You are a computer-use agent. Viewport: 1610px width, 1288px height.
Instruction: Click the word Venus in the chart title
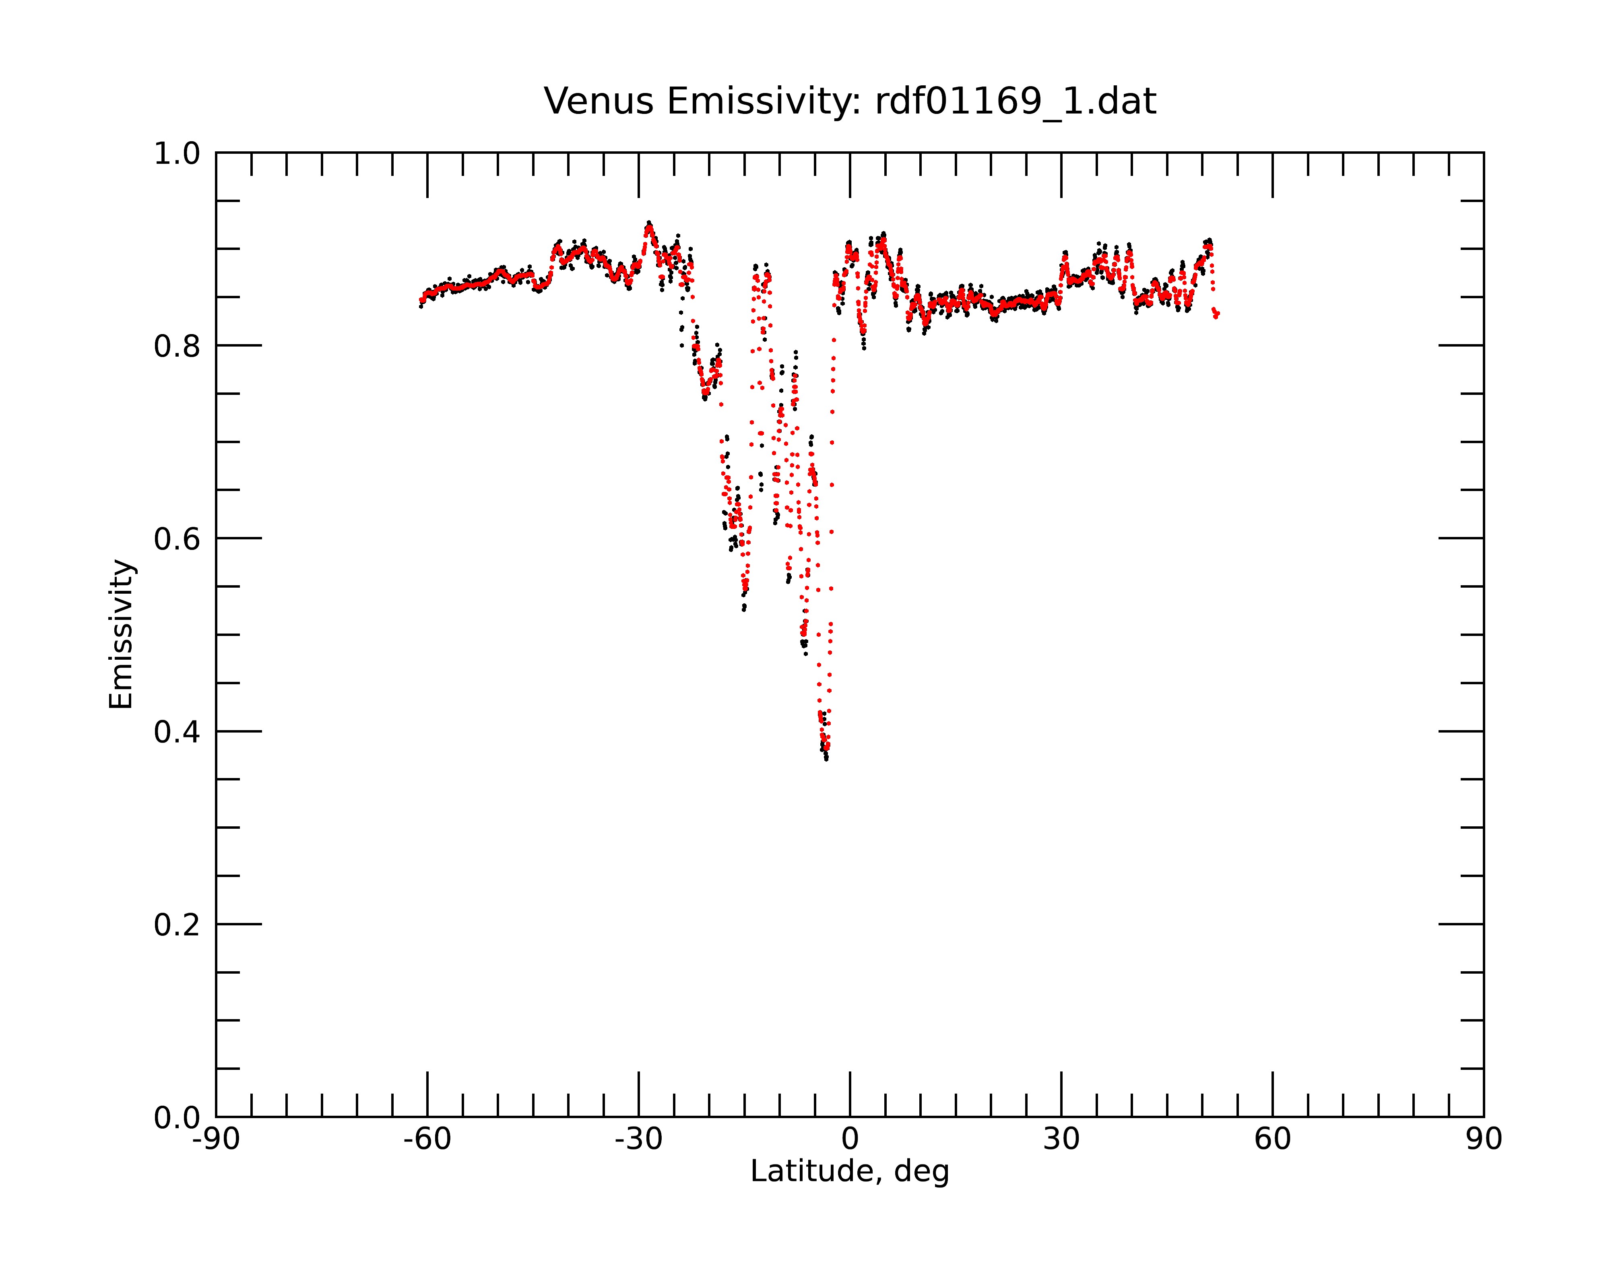click(x=598, y=101)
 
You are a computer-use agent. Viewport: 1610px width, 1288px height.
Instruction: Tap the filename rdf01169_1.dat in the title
click(x=1016, y=101)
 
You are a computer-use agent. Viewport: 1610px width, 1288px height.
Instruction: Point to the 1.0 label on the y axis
click(x=177, y=154)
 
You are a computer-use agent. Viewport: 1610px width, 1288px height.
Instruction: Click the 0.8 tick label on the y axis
click(x=177, y=347)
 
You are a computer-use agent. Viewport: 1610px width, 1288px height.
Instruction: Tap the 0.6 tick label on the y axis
click(x=177, y=539)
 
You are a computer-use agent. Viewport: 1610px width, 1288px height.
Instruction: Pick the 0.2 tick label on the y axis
click(x=177, y=925)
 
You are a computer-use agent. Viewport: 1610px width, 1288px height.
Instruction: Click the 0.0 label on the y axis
click(x=177, y=1118)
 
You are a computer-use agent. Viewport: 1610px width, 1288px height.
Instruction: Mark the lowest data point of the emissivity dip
click(x=826, y=759)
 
